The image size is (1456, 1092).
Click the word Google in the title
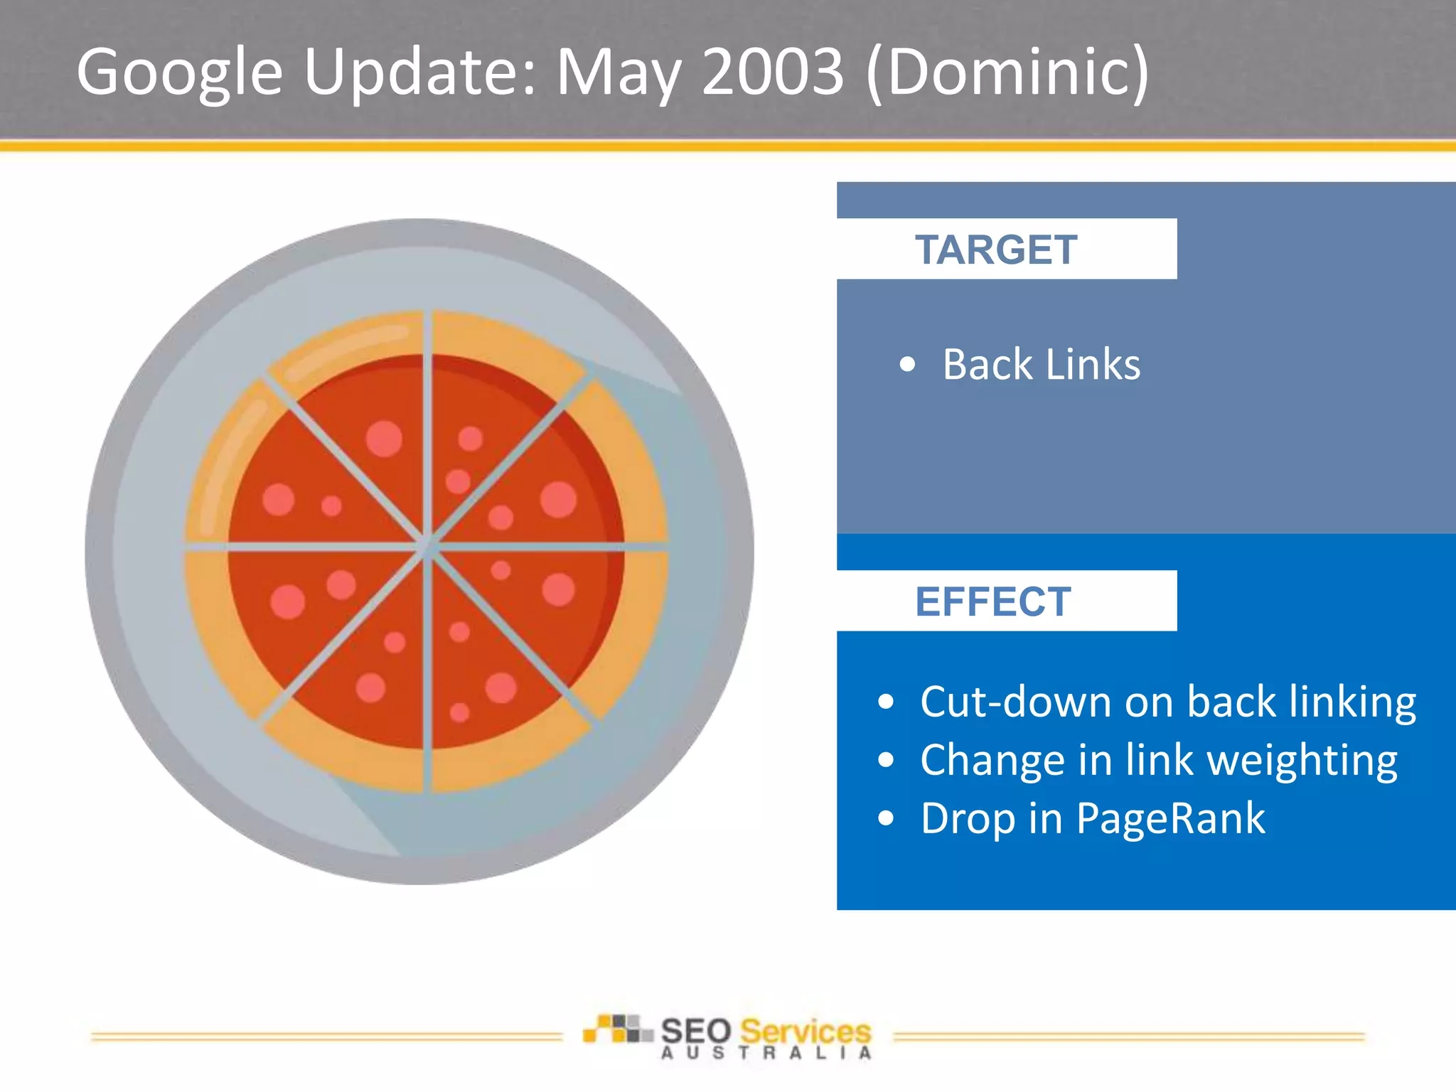click(179, 73)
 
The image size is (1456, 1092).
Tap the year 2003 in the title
click(772, 71)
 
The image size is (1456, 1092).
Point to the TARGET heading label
click(995, 250)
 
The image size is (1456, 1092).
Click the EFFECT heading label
click(992, 601)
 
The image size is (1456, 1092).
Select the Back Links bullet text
click(1041, 365)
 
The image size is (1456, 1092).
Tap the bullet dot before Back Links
click(906, 365)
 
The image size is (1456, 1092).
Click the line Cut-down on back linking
click(1167, 702)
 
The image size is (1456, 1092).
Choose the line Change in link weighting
click(1158, 760)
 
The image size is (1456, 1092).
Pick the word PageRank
click(1170, 818)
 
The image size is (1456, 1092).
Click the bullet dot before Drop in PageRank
click(885, 818)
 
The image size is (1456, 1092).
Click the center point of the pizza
click(427, 546)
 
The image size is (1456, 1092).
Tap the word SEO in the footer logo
click(696, 1031)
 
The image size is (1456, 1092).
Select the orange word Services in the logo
click(805, 1031)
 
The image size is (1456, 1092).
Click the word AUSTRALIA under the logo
click(766, 1054)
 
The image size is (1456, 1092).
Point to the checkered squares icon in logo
click(616, 1029)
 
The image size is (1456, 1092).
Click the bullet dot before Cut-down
click(885, 702)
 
